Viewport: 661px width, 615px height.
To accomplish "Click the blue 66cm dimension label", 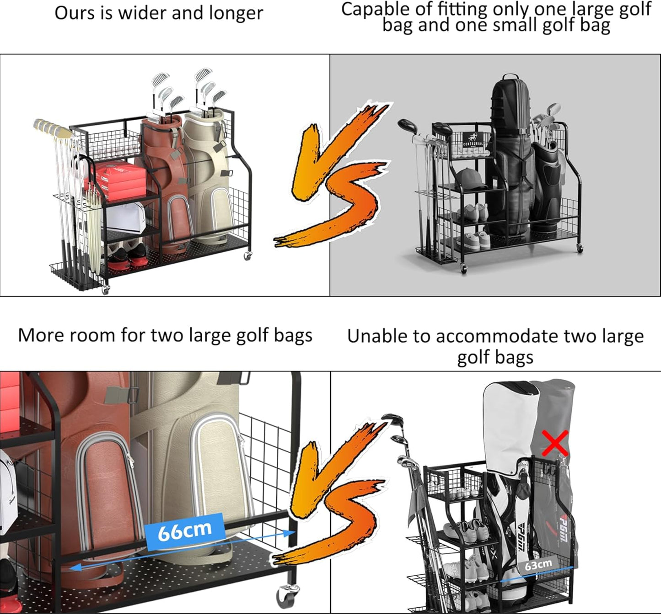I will click(x=184, y=531).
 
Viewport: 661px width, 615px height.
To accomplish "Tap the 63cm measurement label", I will click(x=538, y=565).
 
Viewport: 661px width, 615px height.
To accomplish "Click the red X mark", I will click(x=555, y=444).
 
